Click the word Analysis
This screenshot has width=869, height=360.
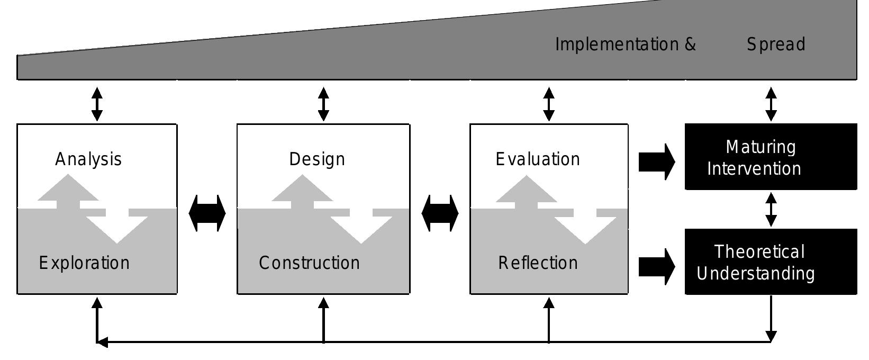coord(88,159)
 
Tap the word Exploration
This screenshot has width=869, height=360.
coord(84,264)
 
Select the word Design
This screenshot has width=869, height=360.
coord(317,159)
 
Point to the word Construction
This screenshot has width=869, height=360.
coord(309,263)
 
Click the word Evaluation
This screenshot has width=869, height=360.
coord(538,159)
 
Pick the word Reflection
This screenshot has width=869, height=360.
coord(538,263)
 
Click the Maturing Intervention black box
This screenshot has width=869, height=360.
coord(771,157)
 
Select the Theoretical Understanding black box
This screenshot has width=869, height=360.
coord(771,262)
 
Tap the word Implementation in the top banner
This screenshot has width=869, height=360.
coord(617,44)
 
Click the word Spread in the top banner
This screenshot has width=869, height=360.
coord(776,44)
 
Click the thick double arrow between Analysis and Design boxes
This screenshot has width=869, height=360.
coord(207,213)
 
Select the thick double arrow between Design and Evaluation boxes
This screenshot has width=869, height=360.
coord(440,213)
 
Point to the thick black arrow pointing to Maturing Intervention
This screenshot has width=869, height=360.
coord(657,162)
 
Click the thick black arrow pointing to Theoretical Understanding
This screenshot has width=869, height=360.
coord(657,267)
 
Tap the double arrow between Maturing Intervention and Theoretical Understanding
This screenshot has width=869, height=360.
coord(771,210)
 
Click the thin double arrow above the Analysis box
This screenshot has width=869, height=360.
coord(97,104)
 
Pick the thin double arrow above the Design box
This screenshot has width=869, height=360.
coord(323,104)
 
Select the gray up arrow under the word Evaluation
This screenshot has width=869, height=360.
coord(527,192)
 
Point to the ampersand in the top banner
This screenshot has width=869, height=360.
coord(691,44)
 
